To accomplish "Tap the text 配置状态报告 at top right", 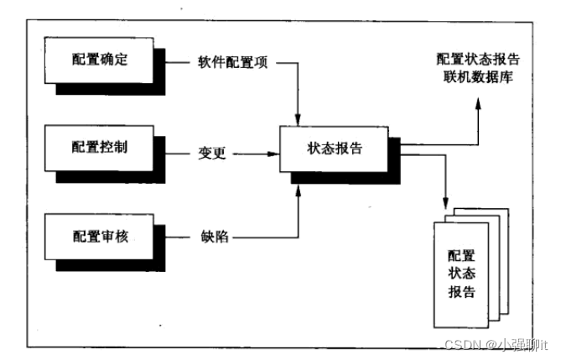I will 478,60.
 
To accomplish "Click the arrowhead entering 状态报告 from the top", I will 297,116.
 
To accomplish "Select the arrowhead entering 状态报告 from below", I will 297,190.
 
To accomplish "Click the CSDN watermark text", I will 461,344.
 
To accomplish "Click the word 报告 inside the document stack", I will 461,292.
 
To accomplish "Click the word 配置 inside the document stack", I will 461,255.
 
